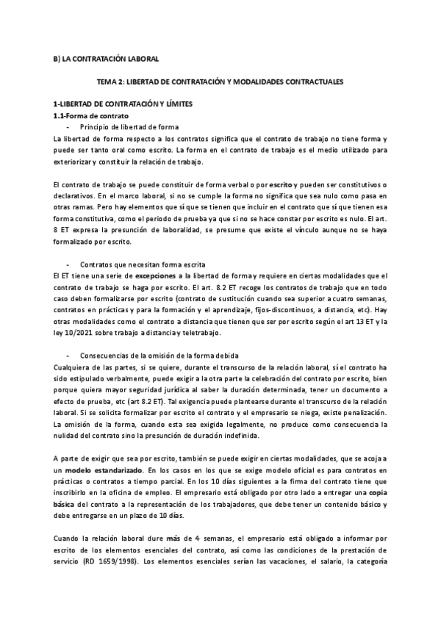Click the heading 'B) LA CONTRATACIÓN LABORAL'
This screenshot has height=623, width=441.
pos(107,58)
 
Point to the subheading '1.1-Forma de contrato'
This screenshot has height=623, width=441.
pos(92,116)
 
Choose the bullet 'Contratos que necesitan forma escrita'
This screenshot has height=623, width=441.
pos(142,264)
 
